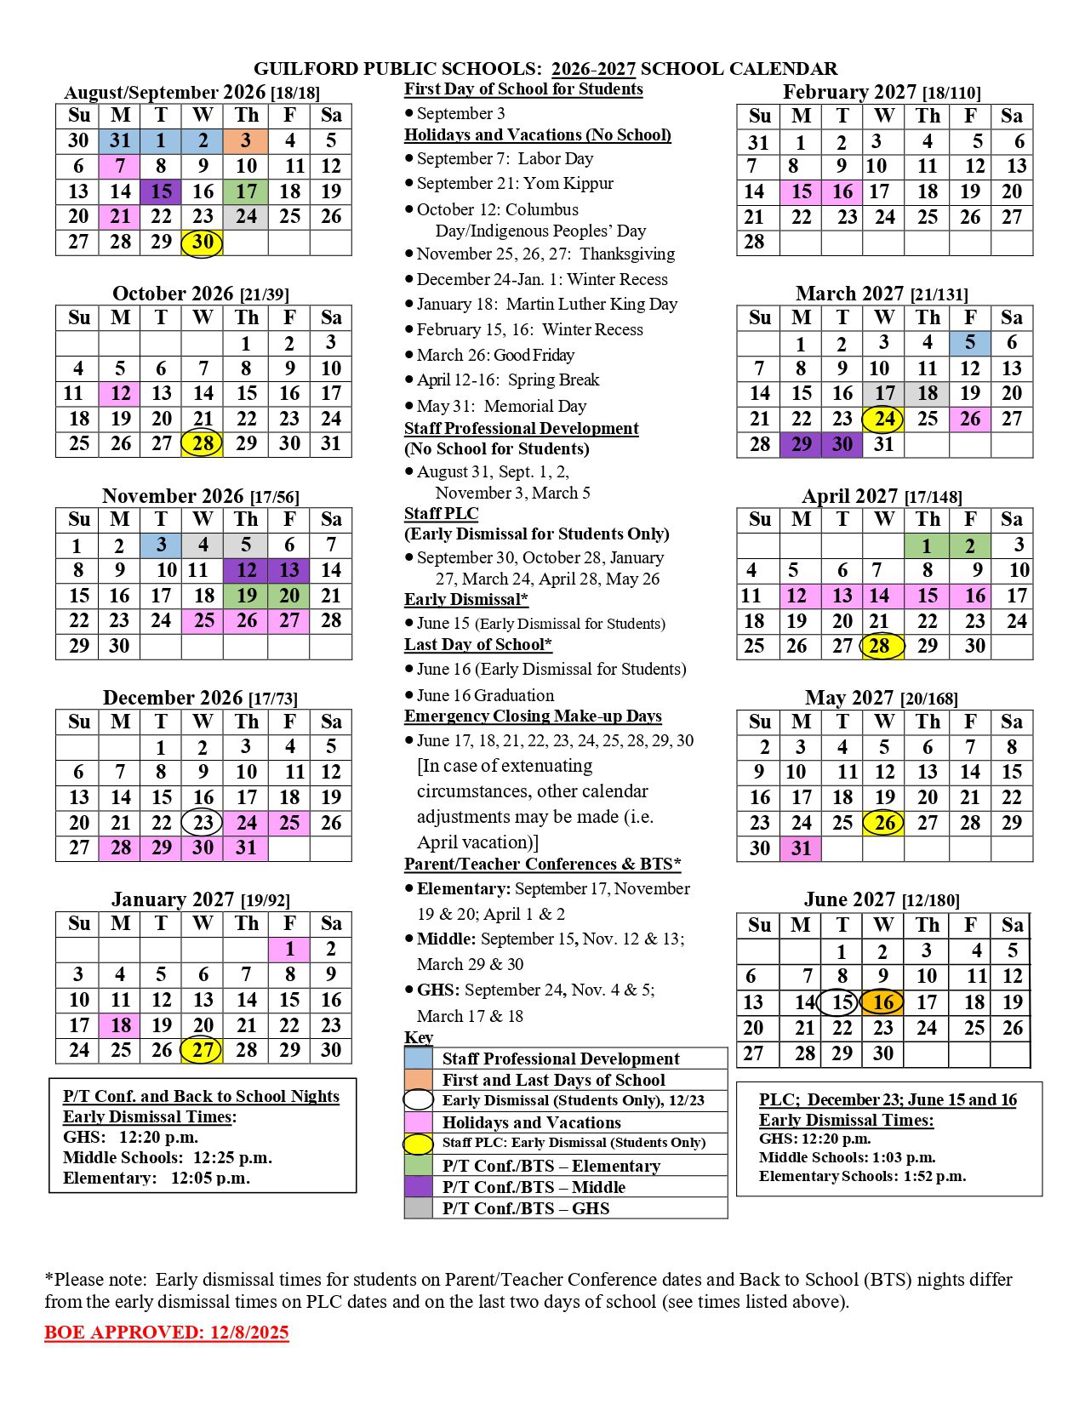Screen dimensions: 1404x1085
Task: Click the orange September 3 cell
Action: click(246, 141)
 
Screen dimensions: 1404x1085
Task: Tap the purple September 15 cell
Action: click(162, 191)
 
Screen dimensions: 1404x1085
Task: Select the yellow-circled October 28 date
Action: click(203, 443)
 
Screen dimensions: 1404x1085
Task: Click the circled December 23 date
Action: click(203, 823)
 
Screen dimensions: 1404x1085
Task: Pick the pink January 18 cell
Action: click(120, 1025)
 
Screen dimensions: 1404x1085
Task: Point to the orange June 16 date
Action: click(883, 1002)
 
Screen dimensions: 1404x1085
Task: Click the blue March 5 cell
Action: click(970, 343)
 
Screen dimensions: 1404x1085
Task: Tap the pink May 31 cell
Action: click(801, 848)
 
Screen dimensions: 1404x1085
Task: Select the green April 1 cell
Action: click(927, 545)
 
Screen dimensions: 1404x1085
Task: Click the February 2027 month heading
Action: click(882, 92)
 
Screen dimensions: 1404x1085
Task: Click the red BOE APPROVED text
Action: click(167, 1333)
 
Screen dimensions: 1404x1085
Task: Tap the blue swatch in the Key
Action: click(418, 1059)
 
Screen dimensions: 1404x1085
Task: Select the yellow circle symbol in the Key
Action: click(418, 1144)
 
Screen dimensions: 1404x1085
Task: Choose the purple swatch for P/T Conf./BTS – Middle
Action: click(418, 1187)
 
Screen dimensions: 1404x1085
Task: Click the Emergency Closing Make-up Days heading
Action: click(533, 716)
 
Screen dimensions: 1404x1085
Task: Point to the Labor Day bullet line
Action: click(505, 158)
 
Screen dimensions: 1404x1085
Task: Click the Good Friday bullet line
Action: click(495, 355)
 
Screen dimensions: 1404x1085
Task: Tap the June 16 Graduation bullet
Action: click(485, 695)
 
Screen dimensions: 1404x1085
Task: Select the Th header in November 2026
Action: click(246, 519)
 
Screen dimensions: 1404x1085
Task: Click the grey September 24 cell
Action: click(246, 217)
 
